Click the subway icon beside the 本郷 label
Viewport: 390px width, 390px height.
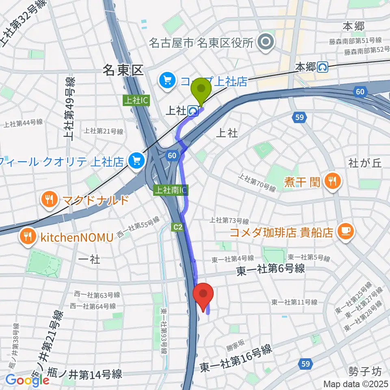323,67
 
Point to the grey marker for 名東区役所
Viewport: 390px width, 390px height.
267,42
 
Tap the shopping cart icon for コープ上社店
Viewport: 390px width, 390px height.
167,80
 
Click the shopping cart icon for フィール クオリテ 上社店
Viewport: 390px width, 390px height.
135,161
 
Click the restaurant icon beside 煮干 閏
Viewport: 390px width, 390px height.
332,181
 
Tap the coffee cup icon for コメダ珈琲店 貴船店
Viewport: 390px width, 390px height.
346,232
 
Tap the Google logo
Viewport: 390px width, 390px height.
27,380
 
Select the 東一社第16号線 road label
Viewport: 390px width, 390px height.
236,357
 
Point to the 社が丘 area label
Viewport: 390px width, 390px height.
365,163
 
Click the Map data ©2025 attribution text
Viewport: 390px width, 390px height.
355,383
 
